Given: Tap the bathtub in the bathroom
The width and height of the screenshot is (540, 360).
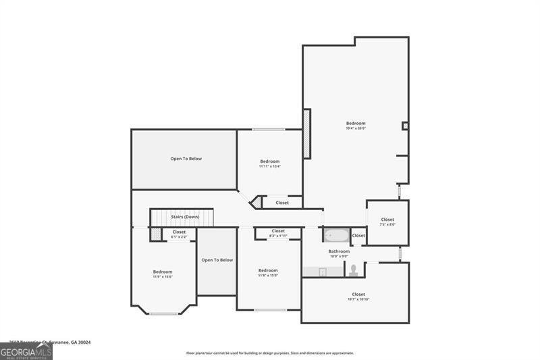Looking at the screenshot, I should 335,236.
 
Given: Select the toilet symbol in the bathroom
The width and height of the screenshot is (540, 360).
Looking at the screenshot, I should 353,270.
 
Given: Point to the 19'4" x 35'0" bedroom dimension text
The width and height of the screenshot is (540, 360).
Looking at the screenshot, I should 356,128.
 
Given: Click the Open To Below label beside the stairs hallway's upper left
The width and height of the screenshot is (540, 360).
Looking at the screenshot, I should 186,159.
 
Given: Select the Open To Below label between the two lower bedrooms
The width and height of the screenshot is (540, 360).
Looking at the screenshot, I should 217,260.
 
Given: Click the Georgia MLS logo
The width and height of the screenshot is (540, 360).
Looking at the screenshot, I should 26,352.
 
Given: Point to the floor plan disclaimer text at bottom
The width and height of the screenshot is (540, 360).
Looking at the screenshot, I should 270,353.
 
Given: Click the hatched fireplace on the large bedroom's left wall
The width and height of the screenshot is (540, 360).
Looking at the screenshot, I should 306,134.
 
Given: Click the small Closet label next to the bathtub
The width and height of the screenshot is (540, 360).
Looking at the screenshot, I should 358,236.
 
